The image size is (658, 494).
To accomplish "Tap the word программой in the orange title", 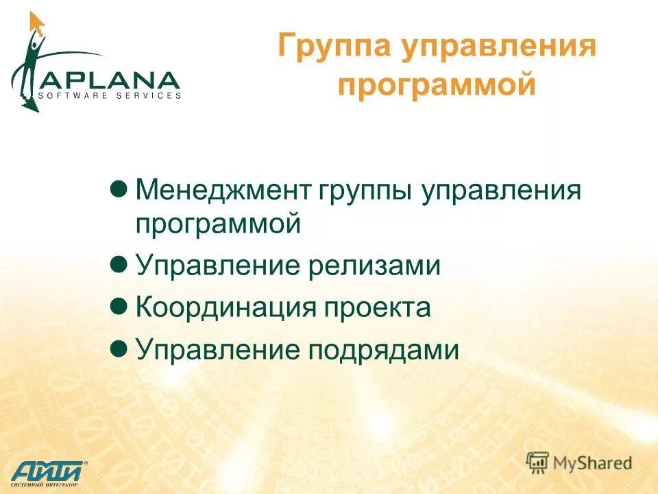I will [x=437, y=87].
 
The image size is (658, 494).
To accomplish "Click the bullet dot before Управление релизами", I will [x=119, y=263].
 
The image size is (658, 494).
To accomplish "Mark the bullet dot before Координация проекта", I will [x=119, y=306].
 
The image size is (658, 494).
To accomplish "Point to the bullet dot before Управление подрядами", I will [x=119, y=349].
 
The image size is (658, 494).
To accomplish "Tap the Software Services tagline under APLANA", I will [x=114, y=95].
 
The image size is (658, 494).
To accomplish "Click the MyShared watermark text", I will [x=593, y=463].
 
